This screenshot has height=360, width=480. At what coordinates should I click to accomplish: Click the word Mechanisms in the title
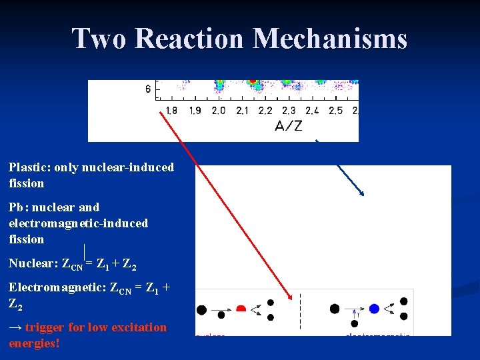[x=330, y=39]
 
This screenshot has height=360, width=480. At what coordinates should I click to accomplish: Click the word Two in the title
[x=99, y=39]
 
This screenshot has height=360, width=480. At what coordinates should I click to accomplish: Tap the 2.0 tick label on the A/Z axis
[x=218, y=111]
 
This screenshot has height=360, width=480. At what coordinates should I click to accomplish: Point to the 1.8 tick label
[x=171, y=111]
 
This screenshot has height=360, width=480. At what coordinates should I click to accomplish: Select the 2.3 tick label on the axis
[x=289, y=111]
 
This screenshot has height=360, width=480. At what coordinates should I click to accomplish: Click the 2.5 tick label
[x=335, y=111]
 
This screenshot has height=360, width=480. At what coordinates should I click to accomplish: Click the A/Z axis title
[x=288, y=126]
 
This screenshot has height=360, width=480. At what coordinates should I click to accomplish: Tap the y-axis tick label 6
[x=148, y=89]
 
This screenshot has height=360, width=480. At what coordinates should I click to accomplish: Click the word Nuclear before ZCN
[x=31, y=263]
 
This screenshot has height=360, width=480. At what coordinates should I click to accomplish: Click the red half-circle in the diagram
[x=241, y=309]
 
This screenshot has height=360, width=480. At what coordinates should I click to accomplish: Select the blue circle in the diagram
[x=374, y=309]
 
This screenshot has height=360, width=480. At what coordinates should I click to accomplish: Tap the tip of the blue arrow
[x=363, y=195]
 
